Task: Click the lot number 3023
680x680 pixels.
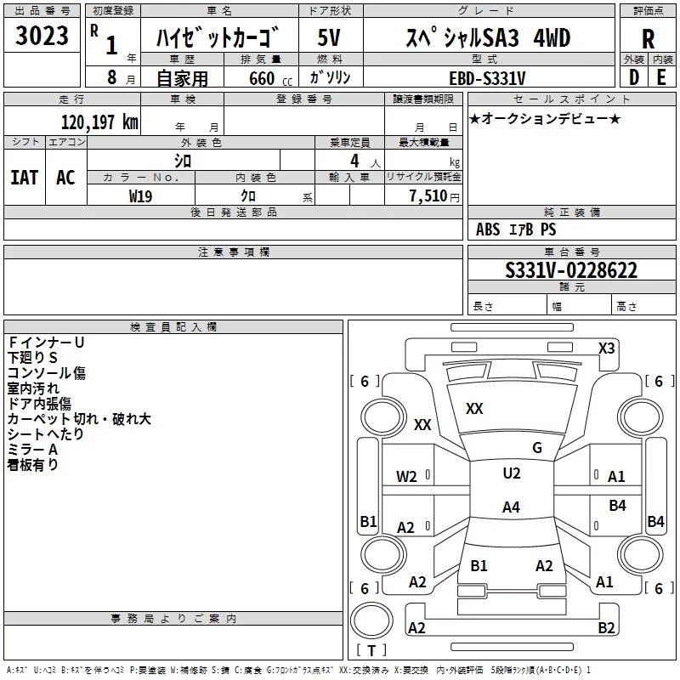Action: [42, 38]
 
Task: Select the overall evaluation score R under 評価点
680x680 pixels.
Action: [648, 40]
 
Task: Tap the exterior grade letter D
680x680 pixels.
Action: [633, 76]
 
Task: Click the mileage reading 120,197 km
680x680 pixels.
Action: [99, 122]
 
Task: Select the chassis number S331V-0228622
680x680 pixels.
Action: [571, 271]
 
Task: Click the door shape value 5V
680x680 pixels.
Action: [330, 38]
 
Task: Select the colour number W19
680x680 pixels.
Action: [141, 195]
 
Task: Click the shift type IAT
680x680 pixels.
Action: [24, 177]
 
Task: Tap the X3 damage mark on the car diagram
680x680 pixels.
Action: [607, 348]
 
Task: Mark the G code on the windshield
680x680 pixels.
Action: [536, 448]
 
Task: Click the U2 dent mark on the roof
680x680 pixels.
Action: [511, 473]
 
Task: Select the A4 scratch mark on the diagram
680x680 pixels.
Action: [511, 507]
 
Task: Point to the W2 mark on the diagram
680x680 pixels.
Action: [406, 477]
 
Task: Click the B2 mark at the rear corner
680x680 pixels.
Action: [606, 628]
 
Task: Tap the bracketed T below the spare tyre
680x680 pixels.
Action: [371, 651]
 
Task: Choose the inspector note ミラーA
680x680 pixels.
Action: [32, 449]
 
